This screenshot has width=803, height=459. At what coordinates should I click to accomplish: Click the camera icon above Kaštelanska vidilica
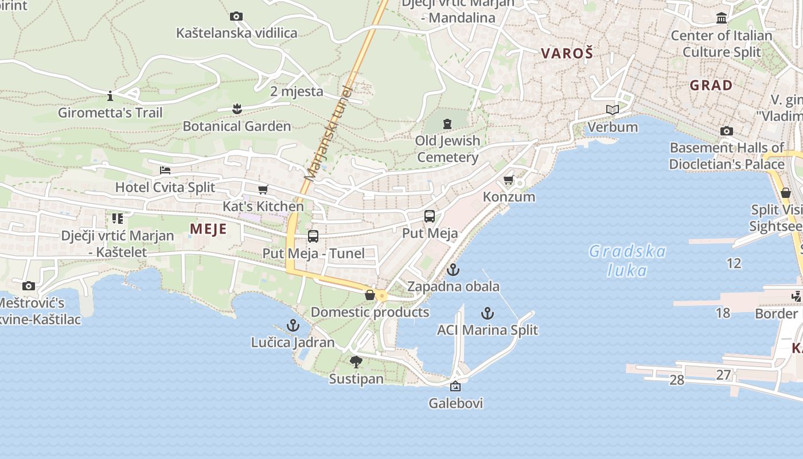tap(236, 17)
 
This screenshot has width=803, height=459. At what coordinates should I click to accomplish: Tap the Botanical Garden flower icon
tap(236, 108)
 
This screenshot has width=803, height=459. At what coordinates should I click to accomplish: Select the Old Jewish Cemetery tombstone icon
tap(447, 123)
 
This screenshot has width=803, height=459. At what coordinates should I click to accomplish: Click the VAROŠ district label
tap(567, 53)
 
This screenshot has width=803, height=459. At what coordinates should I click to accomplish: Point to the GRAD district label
tap(711, 85)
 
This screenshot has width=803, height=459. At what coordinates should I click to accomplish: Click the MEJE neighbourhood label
tap(208, 229)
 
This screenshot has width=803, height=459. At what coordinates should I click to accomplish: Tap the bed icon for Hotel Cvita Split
tap(165, 170)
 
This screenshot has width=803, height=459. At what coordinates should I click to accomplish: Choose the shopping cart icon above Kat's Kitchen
tap(263, 189)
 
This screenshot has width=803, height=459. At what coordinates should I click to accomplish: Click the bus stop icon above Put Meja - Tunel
tap(313, 236)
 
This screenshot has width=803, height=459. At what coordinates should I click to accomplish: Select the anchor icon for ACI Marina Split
tap(487, 313)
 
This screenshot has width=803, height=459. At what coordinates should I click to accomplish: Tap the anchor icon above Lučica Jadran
tap(293, 326)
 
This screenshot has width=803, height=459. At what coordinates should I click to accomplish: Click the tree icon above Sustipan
tap(356, 362)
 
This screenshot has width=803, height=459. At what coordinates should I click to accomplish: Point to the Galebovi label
tap(455, 403)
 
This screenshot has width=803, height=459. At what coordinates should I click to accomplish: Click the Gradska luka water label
tap(627, 260)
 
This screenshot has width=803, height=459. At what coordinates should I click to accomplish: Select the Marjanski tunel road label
tap(329, 134)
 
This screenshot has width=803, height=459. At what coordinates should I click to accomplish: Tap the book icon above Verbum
tap(613, 110)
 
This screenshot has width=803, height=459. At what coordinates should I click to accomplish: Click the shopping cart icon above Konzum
tap(508, 180)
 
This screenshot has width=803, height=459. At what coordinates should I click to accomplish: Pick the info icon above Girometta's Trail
tap(110, 95)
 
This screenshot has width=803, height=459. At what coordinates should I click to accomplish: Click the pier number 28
tap(677, 380)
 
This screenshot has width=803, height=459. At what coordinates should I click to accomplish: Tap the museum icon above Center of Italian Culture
tap(722, 18)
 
